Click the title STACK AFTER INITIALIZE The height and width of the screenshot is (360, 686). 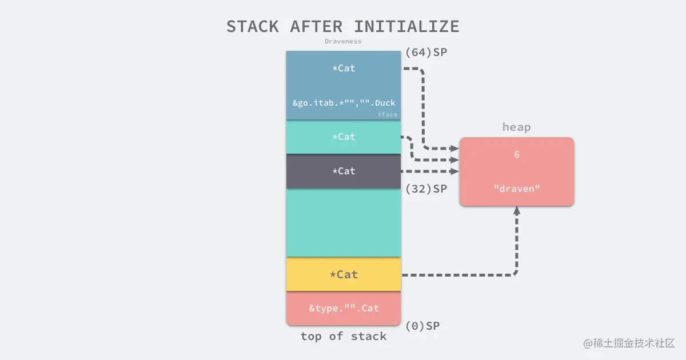[342, 26]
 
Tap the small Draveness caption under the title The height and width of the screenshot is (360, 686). [343, 41]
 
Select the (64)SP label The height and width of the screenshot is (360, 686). [426, 52]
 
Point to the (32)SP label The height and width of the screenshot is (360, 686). [426, 189]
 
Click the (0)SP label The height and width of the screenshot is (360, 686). [422, 326]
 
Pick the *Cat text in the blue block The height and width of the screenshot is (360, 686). [344, 68]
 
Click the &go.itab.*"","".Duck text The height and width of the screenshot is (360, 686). [344, 103]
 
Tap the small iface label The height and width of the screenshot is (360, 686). [387, 114]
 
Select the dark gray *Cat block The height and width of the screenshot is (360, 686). [344, 171]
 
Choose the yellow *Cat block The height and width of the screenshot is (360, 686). [344, 274]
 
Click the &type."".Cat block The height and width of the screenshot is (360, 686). [344, 309]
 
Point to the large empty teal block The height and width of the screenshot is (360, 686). [344, 223]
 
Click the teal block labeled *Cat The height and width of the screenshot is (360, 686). [344, 137]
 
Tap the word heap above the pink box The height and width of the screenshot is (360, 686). [516, 127]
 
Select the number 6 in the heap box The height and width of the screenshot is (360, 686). [516, 154]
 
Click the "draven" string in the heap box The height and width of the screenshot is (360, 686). [516, 189]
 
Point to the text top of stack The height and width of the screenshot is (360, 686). [344, 336]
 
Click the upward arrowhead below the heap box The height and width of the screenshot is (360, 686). [517, 210]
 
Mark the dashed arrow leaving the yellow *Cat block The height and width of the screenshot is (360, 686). [457, 275]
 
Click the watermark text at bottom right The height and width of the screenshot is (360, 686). [629, 343]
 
